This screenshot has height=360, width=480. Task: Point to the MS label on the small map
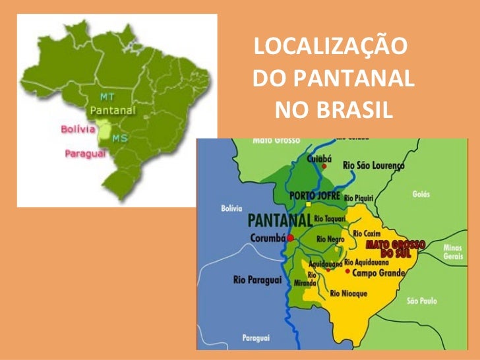point(119,138)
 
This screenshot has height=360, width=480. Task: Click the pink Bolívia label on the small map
point(78,130)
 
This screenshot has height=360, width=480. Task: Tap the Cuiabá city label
point(320,158)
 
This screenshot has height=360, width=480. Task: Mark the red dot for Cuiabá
point(324,166)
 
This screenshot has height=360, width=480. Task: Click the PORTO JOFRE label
point(315,196)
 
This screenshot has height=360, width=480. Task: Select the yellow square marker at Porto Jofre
point(308,204)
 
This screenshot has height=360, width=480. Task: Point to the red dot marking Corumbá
point(290,238)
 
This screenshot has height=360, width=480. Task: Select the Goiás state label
point(420,195)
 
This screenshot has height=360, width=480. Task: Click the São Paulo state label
point(421,301)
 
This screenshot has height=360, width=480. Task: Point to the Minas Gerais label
point(454,251)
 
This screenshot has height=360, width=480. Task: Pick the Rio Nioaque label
point(349,293)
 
